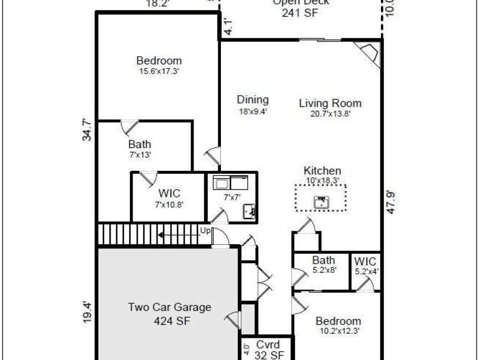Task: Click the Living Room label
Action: point(330,103)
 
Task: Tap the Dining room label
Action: point(253,100)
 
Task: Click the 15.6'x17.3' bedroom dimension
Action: point(159,71)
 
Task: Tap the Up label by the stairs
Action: point(204,230)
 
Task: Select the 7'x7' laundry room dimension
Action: point(232,197)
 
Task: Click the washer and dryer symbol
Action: point(231,183)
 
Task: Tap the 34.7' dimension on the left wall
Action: point(87,129)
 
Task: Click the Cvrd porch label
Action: point(268,345)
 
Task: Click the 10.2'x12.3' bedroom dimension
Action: point(338,330)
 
